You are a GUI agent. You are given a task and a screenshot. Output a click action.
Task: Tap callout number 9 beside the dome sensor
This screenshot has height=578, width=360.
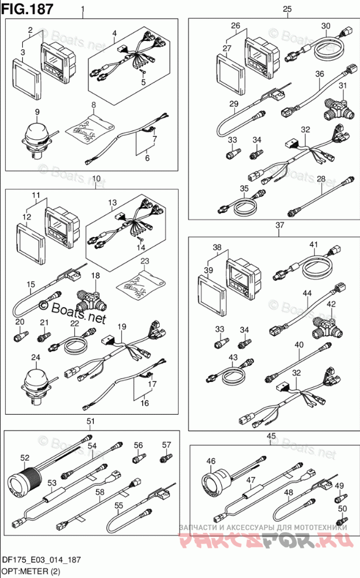click(x=37, y=111)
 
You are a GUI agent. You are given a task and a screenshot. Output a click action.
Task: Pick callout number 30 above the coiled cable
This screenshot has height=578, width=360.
click(x=325, y=26)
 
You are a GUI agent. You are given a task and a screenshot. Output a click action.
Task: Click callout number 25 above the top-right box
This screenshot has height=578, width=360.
click(x=287, y=8)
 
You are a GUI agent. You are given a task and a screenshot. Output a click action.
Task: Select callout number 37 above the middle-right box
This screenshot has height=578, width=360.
click(x=279, y=225)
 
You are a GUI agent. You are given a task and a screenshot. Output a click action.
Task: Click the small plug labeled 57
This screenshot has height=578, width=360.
click(x=166, y=459)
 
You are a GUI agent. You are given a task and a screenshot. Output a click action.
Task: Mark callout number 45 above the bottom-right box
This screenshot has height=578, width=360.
click(x=270, y=436)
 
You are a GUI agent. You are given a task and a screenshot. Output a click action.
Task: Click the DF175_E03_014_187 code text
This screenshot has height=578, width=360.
click(x=40, y=560)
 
